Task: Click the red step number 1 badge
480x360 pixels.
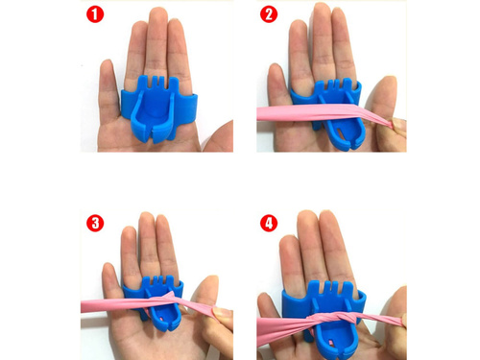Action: (95, 14)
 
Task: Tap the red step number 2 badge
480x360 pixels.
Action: (269, 14)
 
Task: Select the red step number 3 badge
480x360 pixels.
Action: (95, 223)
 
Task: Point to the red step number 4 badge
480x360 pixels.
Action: (269, 223)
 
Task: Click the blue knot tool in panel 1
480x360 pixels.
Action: (158, 108)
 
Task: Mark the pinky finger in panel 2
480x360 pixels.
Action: (276, 86)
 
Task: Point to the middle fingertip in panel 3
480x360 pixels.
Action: (147, 221)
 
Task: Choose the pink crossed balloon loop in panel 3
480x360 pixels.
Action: (170, 300)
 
